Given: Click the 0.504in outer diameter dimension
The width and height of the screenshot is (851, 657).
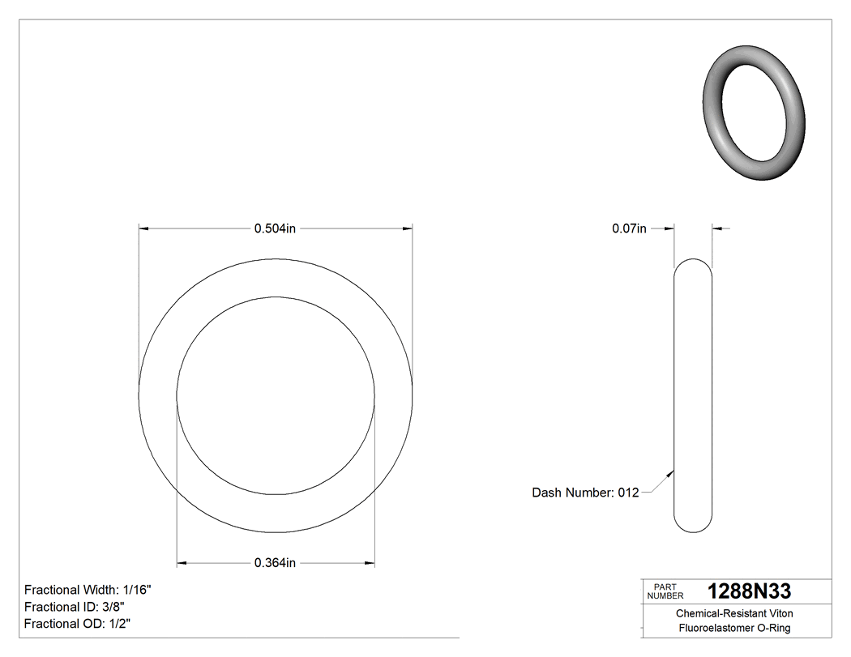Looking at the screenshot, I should tap(275, 228).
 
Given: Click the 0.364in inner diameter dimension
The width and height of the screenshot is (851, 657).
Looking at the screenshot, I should tap(275, 563).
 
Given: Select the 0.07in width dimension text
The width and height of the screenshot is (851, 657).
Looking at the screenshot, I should tap(629, 228).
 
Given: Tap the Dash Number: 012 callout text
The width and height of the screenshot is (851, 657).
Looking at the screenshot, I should tap(585, 493).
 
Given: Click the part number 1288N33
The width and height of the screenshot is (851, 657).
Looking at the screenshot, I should tap(749, 591).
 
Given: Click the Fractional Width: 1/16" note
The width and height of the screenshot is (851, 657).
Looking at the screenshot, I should tap(88, 590).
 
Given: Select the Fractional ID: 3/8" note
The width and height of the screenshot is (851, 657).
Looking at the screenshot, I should tap(75, 607).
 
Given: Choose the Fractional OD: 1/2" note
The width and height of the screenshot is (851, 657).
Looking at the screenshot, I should tap(77, 624).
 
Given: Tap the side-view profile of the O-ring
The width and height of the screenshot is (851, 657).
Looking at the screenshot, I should tap(693, 395).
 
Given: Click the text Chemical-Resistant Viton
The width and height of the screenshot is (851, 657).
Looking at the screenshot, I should tap(734, 614).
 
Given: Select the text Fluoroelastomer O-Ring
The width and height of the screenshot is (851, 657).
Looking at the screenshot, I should tap(734, 629).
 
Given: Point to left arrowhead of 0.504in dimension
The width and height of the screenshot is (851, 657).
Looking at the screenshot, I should tap(143, 229).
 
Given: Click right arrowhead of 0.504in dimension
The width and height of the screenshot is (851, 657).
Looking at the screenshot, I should tap(408, 229).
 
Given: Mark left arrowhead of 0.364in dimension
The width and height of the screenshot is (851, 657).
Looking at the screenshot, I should tap(182, 563).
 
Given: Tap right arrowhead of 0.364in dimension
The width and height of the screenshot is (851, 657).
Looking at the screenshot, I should tap(370, 563).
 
